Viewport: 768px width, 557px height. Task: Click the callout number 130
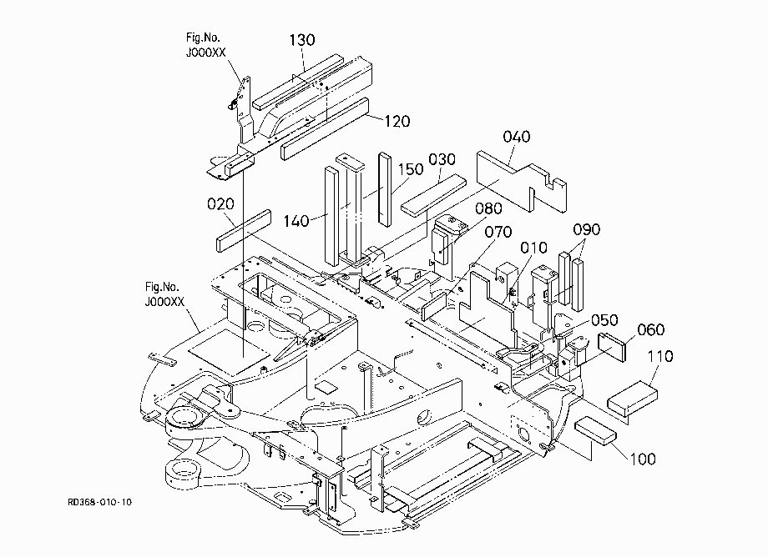pos(301,40)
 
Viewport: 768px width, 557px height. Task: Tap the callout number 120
pos(397,121)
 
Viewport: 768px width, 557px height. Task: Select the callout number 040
pos(517,137)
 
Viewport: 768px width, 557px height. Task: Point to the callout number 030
pos(442,159)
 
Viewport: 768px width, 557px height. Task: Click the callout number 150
pos(411,169)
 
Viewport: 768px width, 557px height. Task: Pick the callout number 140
pos(296,221)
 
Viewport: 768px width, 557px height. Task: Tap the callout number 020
pos(220,204)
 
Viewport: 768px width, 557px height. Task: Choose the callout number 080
pos(488,208)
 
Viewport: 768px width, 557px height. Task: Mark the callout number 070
pos(498,232)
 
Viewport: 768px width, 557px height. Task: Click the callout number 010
pos(533,248)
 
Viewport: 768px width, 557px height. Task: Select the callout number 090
pos(587,229)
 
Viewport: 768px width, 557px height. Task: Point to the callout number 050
pos(604,320)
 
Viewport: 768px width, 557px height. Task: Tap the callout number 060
pos(651,329)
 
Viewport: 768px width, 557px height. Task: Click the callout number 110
pos(661,357)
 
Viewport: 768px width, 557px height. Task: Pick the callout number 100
pos(643,459)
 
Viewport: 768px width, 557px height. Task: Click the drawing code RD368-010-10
pos(100,502)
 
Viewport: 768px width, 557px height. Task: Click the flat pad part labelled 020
pos(244,231)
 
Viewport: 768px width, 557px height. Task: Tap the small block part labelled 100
pos(595,430)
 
